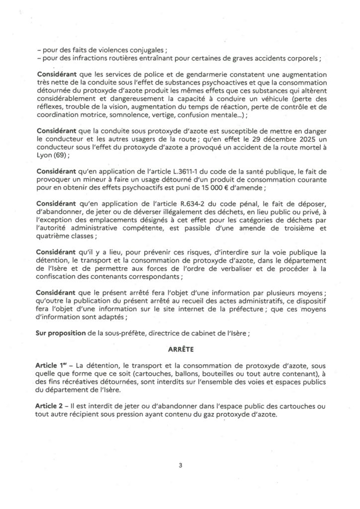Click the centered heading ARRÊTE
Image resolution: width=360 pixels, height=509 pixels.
tap(180, 350)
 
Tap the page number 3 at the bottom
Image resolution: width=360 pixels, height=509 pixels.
tap(180, 465)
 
